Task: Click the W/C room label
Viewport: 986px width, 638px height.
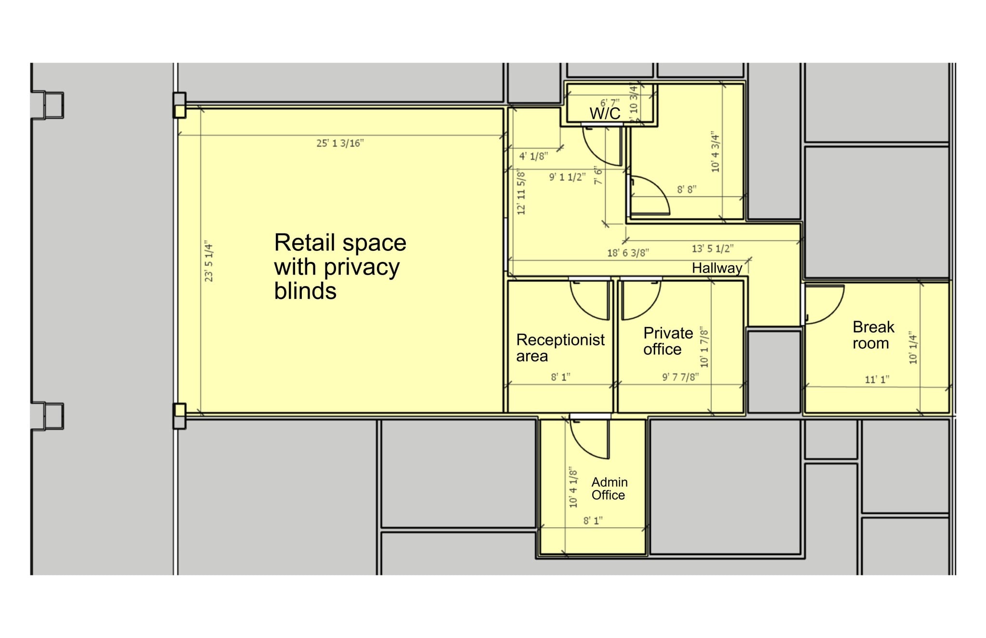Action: point(605,114)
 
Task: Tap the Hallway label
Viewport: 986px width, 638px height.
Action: point(716,268)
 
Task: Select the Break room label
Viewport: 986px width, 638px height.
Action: point(872,335)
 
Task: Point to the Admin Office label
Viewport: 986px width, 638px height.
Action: point(609,489)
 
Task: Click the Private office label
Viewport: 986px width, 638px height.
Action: point(668,341)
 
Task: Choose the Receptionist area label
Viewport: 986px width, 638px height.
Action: point(560,348)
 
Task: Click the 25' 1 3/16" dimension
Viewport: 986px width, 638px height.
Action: point(340,143)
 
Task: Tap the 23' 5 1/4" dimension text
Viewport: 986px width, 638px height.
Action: point(209,261)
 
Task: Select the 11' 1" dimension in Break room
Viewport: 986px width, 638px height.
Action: point(877,379)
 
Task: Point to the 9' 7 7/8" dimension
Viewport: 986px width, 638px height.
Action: point(680,377)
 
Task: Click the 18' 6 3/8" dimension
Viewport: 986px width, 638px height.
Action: point(628,253)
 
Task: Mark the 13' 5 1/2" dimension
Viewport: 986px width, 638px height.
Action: point(713,248)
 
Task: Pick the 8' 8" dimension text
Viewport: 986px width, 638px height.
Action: point(687,190)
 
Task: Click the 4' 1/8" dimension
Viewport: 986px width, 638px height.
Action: point(533,156)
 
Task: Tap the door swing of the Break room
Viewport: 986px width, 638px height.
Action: point(825,304)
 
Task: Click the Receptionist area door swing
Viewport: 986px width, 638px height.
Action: point(590,300)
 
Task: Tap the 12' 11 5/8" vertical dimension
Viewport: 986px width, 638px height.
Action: point(521,192)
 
